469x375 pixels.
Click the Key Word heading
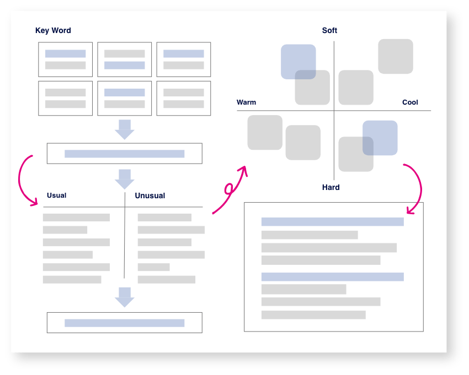tap(53, 31)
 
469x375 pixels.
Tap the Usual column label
tap(56, 195)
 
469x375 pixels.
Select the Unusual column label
tap(150, 195)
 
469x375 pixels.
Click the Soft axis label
tap(329, 31)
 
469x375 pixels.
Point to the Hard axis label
tap(331, 188)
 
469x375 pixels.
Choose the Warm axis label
tap(246, 102)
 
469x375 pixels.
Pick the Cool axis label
tap(410, 102)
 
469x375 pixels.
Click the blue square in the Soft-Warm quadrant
tap(298, 61)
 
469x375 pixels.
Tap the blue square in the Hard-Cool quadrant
tap(380, 138)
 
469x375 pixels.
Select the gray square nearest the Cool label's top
tap(396, 56)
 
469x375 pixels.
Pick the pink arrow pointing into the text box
tap(417, 187)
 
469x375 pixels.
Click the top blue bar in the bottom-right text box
tap(332, 221)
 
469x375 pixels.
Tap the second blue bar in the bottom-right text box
tap(332, 276)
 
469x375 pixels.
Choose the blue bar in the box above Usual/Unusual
tap(124, 154)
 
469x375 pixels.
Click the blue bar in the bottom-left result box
tap(124, 323)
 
